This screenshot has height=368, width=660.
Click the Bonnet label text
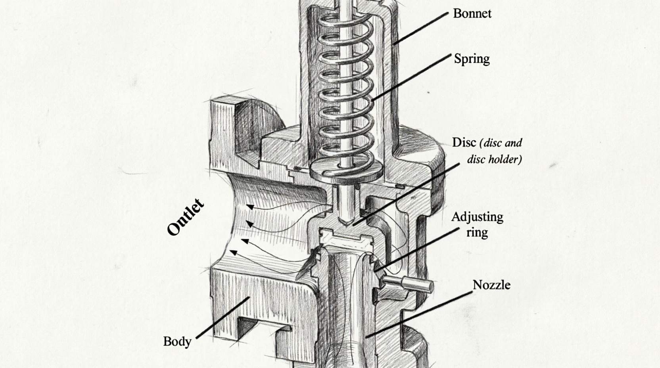[472, 13]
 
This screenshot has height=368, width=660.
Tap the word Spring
[472, 59]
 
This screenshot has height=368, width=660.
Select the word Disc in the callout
[464, 143]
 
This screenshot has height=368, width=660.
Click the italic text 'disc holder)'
[495, 159]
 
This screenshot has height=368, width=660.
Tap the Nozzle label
[491, 285]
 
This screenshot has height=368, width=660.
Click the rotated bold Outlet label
[185, 217]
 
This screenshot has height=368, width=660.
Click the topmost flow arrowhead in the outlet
[250, 207]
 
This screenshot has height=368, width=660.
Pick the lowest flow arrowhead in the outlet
[233, 253]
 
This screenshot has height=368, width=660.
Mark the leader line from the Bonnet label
[421, 29]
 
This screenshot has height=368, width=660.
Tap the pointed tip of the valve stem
[347, 225]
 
